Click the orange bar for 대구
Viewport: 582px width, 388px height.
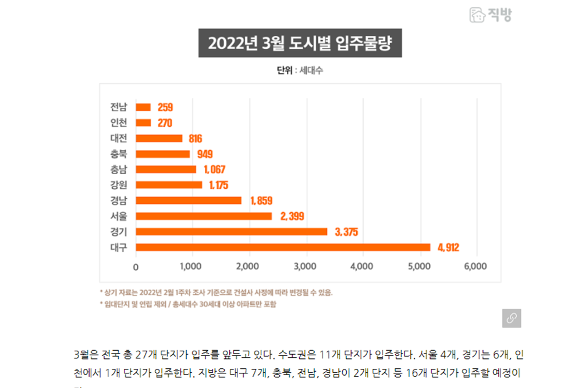(x=283, y=248)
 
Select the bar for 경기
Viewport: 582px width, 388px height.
(x=232, y=232)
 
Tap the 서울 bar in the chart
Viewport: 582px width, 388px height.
(x=204, y=216)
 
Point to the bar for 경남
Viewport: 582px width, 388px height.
(x=189, y=200)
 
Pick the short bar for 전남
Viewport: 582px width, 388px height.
(x=143, y=107)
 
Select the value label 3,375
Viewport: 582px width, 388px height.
(x=346, y=232)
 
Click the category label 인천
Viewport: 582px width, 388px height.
(x=119, y=123)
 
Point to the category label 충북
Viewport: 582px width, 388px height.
(x=119, y=154)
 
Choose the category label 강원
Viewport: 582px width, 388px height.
(x=119, y=185)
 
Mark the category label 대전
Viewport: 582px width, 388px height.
(x=119, y=139)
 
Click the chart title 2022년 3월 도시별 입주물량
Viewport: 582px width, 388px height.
(x=300, y=44)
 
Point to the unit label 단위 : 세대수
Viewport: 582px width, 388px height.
(x=300, y=71)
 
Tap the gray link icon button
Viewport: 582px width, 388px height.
(x=511, y=318)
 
